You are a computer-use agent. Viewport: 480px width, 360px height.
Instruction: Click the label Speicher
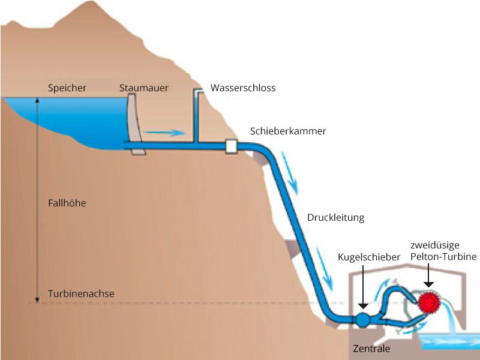pos(67,88)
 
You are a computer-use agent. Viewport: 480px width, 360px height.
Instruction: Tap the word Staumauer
pos(144,88)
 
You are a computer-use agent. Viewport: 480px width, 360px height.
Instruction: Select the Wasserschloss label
pos(243,88)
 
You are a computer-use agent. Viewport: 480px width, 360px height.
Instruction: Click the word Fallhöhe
pos(67,203)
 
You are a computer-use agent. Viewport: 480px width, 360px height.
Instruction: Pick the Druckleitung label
pos(335,217)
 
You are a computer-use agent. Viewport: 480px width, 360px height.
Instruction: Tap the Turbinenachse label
pos(81,294)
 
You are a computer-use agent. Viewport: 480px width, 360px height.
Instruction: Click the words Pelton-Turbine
pos(443,257)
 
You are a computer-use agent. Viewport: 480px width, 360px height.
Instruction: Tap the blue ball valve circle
pos(362,319)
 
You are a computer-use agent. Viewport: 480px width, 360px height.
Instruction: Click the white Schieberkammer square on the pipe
pos(231,146)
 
